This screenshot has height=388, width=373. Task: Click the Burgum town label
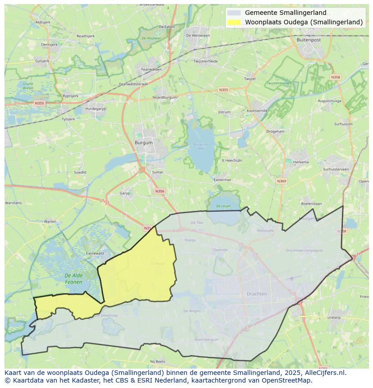[144, 142]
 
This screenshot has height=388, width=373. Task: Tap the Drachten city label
[257, 294]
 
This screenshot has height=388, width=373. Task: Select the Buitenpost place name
[309, 40]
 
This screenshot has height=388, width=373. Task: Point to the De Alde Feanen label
[73, 278]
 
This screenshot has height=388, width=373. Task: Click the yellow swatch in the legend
[234, 22]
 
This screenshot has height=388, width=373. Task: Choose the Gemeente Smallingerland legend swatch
[234, 13]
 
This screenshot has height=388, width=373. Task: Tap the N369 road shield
[282, 181]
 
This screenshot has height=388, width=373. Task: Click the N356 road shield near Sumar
[159, 191]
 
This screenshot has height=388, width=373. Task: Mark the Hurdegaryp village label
[95, 109]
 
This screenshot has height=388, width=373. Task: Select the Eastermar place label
[222, 179]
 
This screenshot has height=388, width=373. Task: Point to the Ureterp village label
[334, 317]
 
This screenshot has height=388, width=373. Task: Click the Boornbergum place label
[206, 339]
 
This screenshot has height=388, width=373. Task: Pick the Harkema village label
[301, 162]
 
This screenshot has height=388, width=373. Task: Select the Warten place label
[50, 221]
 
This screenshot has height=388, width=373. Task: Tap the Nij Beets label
[158, 361]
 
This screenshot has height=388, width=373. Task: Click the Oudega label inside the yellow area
[158, 264]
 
